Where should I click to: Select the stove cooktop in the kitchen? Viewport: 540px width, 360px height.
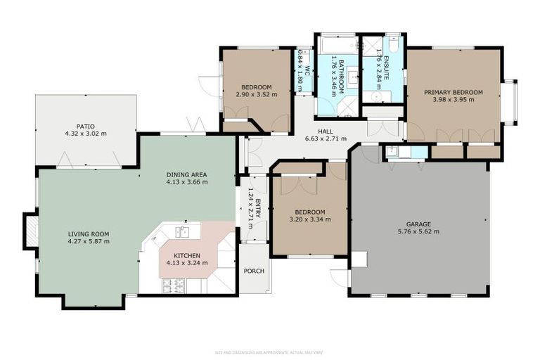click(x=174, y=285)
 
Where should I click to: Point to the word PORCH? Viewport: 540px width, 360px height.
click(x=253, y=271)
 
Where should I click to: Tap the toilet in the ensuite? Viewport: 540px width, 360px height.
click(x=394, y=44)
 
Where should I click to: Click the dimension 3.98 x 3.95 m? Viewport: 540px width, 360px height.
click(x=453, y=100)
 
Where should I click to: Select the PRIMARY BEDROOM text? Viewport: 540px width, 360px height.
click(x=453, y=92)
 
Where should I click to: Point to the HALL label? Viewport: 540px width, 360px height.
click(x=325, y=131)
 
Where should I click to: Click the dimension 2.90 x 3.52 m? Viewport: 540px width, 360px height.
click(x=257, y=94)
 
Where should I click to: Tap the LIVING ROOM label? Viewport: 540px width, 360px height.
click(x=89, y=234)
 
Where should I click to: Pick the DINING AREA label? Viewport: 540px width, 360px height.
click(x=187, y=174)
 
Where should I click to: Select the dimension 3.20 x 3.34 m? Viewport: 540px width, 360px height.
click(x=309, y=219)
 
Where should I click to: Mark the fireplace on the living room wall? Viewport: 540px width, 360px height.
click(x=31, y=231)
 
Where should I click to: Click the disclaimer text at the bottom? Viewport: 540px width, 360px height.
click(x=269, y=352)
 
